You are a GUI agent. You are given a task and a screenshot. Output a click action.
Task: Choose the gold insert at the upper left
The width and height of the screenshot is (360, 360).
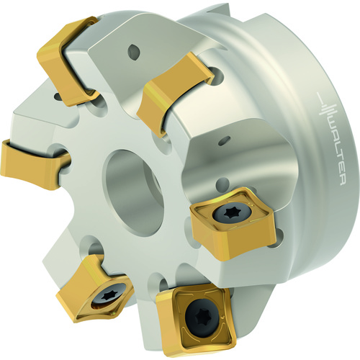[68, 60]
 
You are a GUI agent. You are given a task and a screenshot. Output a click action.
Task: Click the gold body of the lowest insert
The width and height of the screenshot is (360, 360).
[196, 322]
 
